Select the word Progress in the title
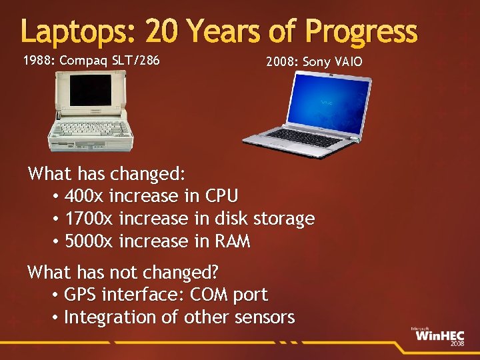[x=361, y=32]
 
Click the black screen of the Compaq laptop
[x=91, y=94]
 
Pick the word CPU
[x=221, y=197]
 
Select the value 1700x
[x=89, y=219]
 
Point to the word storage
[x=281, y=219]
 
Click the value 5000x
[x=89, y=241]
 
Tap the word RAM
[x=232, y=241]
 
